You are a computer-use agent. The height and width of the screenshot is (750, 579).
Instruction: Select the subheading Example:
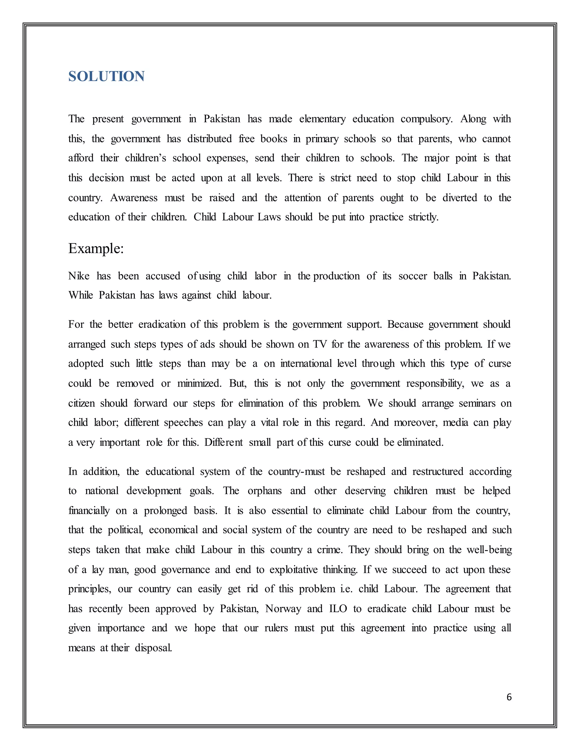pyautogui.click(x=96, y=248)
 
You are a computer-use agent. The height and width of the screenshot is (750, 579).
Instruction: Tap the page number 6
pyautogui.click(x=509, y=697)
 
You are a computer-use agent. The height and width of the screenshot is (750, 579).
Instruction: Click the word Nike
pyautogui.click(x=79, y=276)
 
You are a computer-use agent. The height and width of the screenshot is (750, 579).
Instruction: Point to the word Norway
pyautogui.click(x=283, y=609)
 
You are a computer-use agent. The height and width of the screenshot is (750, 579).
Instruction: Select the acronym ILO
pyautogui.click(x=338, y=609)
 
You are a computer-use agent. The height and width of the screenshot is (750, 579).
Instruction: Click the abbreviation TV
pyautogui.click(x=320, y=344)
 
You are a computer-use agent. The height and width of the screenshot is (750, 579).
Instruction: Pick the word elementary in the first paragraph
pyautogui.click(x=322, y=119)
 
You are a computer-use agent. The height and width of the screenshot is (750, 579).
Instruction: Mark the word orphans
pyautogui.click(x=264, y=491)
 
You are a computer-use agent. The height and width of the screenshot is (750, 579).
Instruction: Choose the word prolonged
pyautogui.click(x=165, y=511)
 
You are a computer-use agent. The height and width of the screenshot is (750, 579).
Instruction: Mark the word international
pyautogui.click(x=306, y=364)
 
